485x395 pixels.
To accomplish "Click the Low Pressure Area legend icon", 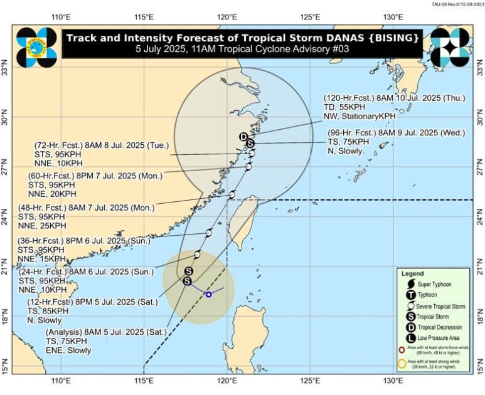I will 410,338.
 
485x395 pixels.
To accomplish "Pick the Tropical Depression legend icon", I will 410,327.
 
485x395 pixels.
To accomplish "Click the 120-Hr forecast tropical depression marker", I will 243,137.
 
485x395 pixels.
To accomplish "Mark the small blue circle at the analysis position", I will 209,294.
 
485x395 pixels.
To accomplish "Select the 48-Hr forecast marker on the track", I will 232,195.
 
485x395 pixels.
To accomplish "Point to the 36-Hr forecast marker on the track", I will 208,233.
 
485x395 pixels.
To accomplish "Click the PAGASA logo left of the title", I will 36,47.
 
